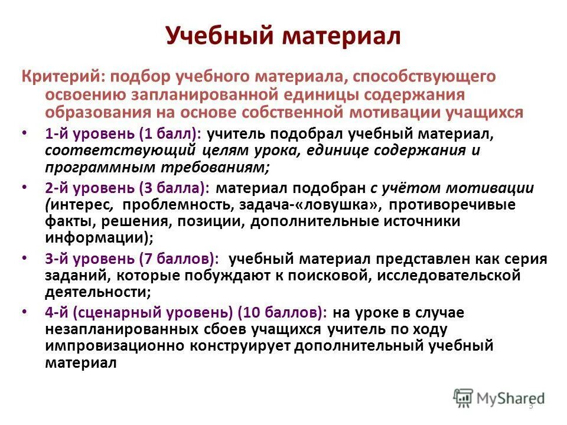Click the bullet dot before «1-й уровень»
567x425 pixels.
pyautogui.click(x=23, y=133)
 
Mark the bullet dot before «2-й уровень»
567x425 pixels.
pyautogui.click(x=23, y=187)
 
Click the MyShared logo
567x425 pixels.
pyautogui.click(x=499, y=398)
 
